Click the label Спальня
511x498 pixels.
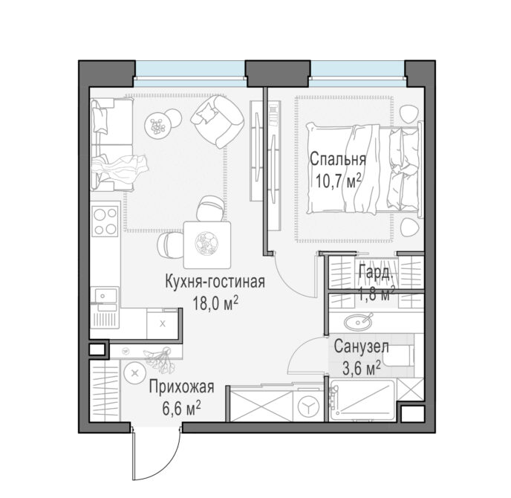click(338, 160)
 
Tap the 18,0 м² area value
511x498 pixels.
click(215, 303)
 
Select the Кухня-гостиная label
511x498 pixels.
click(215, 282)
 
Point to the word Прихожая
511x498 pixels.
click(181, 387)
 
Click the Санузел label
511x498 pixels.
click(362, 346)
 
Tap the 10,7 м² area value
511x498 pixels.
click(339, 181)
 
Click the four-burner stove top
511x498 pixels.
click(105, 219)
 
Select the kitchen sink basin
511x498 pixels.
click(105, 296)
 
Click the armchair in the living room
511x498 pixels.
click(217, 120)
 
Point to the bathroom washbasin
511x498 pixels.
click(358, 322)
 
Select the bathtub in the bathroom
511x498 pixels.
click(362, 400)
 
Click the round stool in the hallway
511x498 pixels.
click(134, 373)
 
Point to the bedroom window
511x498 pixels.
click(357, 74)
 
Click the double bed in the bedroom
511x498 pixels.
click(364, 169)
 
